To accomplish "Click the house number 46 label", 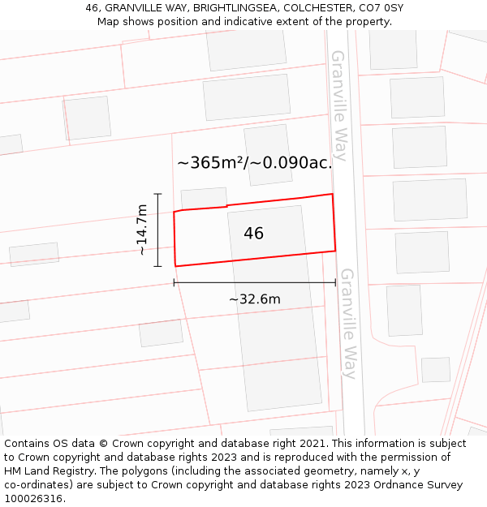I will coord(253,234).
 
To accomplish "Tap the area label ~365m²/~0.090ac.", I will coord(255,163).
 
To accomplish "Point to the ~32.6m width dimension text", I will coord(254,299).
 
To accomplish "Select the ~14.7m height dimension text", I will coord(142,230).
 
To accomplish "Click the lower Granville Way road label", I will coord(348,324).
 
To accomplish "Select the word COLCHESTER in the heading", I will coord(315,8).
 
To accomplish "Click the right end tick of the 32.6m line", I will coord(335,282).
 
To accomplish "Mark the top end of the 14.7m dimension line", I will coord(157,194).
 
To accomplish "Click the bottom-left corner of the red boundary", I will coord(175,266).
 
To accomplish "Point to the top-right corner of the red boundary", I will coord(332,194).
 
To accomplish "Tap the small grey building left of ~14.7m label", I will coord(34,254).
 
